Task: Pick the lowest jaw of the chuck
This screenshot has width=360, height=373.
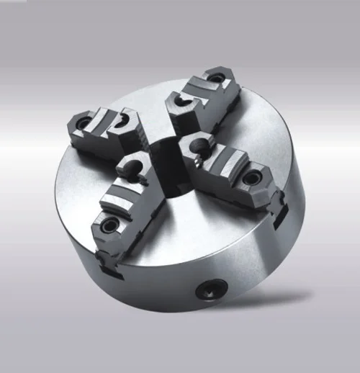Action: pyautogui.click(x=122, y=194)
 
